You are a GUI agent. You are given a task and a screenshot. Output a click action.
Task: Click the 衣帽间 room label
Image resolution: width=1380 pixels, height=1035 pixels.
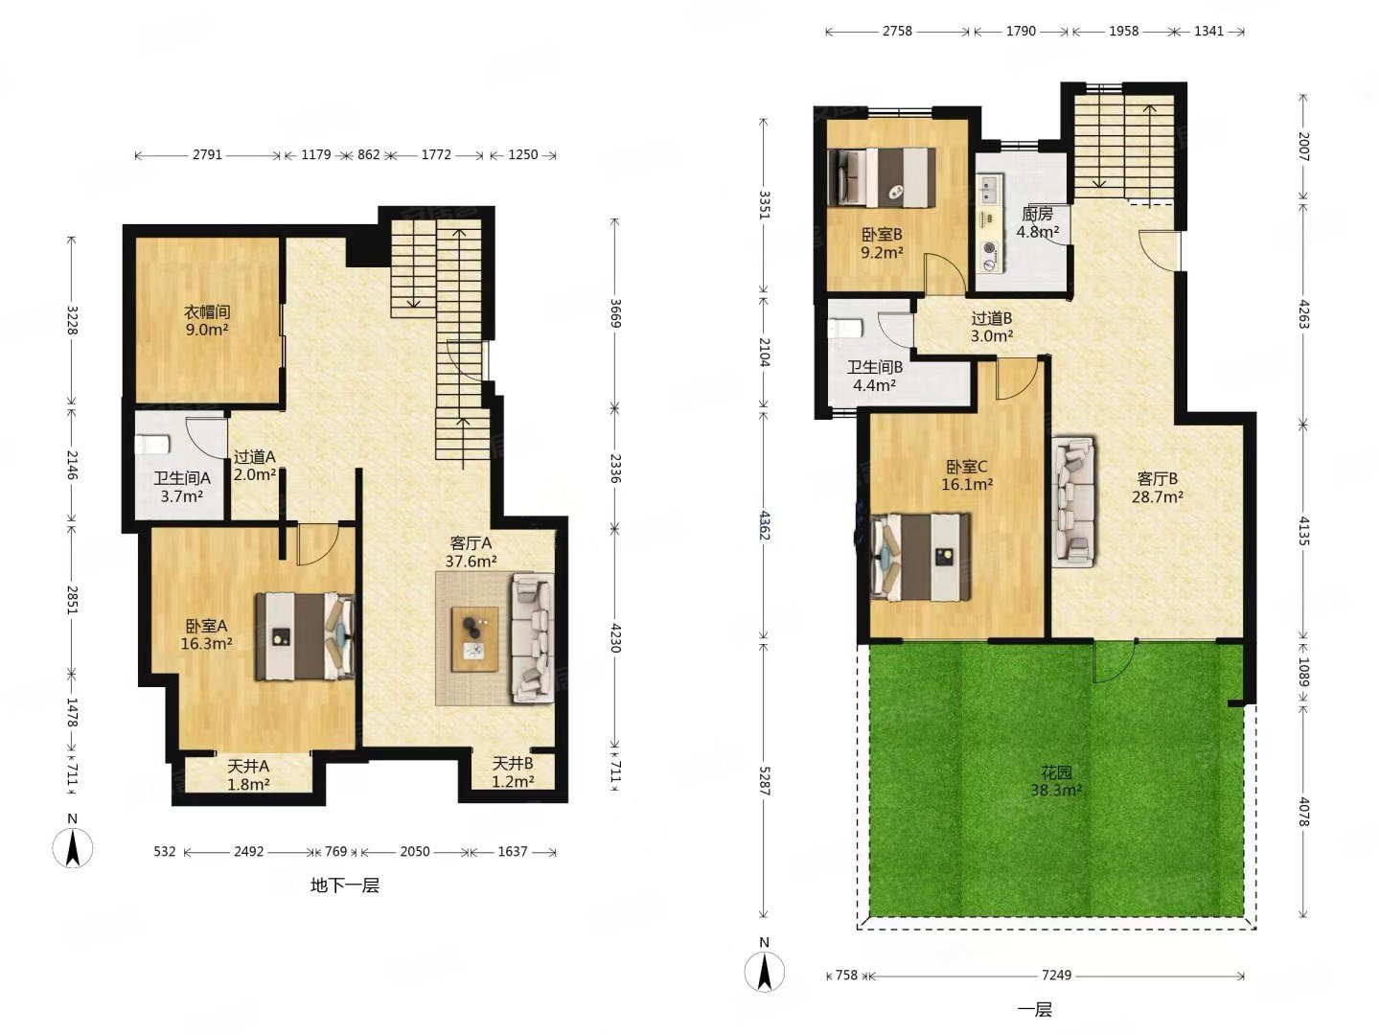(x=207, y=311)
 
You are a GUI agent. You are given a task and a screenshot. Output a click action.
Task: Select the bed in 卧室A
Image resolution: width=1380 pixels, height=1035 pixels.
(x=305, y=636)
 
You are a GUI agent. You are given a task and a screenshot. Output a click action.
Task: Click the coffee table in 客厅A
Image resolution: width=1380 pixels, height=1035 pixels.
(x=474, y=638)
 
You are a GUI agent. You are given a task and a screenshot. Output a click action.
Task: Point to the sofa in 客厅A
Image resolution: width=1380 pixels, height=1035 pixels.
(x=533, y=637)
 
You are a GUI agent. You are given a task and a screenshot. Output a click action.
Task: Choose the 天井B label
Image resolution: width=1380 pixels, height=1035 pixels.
(x=513, y=764)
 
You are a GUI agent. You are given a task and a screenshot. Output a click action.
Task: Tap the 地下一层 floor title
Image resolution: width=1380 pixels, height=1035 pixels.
(x=345, y=886)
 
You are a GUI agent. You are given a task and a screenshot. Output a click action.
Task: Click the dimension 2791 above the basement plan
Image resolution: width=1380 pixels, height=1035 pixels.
(x=207, y=154)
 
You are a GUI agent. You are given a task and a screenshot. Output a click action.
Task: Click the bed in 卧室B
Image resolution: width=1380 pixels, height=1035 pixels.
(x=882, y=177)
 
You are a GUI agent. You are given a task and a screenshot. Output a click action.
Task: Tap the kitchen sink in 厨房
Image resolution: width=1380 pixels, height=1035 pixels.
(x=988, y=191)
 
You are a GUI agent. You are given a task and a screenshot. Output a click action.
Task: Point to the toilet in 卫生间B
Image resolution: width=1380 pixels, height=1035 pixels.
(x=844, y=329)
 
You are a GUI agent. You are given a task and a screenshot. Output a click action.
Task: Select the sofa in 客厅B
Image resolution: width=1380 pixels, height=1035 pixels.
(x=1074, y=502)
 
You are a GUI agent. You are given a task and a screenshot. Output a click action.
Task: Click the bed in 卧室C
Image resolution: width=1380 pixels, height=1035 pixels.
(x=920, y=557)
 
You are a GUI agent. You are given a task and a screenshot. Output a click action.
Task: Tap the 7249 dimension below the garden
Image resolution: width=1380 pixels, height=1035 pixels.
(x=1056, y=975)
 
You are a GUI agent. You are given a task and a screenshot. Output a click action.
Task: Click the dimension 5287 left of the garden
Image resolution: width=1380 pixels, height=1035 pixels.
(x=764, y=780)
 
